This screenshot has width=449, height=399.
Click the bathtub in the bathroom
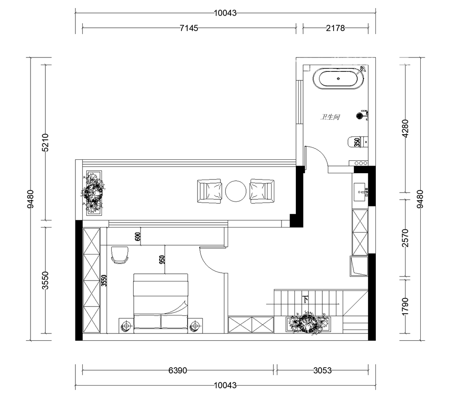pyautogui.click(x=339, y=79)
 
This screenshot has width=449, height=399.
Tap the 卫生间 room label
pyautogui.click(x=330, y=117)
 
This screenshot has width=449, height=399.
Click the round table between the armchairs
pyautogui.click(x=236, y=191)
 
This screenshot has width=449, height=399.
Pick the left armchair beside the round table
pyautogui.click(x=209, y=191)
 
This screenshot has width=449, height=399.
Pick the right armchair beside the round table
pyautogui.click(x=262, y=191)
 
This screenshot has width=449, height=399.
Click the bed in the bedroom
pyautogui.click(x=161, y=303)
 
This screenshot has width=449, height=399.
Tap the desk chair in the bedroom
pyautogui.click(x=119, y=254)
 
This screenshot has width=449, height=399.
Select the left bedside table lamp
pyautogui.click(x=126, y=326)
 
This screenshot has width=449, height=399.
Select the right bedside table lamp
pyautogui.click(x=195, y=326)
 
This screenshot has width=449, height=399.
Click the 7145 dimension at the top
pyautogui.click(x=189, y=28)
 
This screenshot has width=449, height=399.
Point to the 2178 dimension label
pyautogui.click(x=335, y=28)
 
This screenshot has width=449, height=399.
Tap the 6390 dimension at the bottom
pyautogui.click(x=177, y=370)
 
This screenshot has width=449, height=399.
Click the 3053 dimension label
pyautogui.click(x=322, y=370)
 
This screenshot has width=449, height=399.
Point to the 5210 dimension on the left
pyautogui.click(x=45, y=142)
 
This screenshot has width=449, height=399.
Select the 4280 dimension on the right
pyautogui.click(x=405, y=128)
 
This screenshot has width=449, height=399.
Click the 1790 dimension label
pyautogui.click(x=405, y=307)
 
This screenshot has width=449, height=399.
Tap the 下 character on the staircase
pyautogui.click(x=306, y=300)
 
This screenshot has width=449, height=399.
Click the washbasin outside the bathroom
pyautogui.click(x=361, y=192)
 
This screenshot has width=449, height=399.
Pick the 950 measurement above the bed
pyautogui.click(x=162, y=259)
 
